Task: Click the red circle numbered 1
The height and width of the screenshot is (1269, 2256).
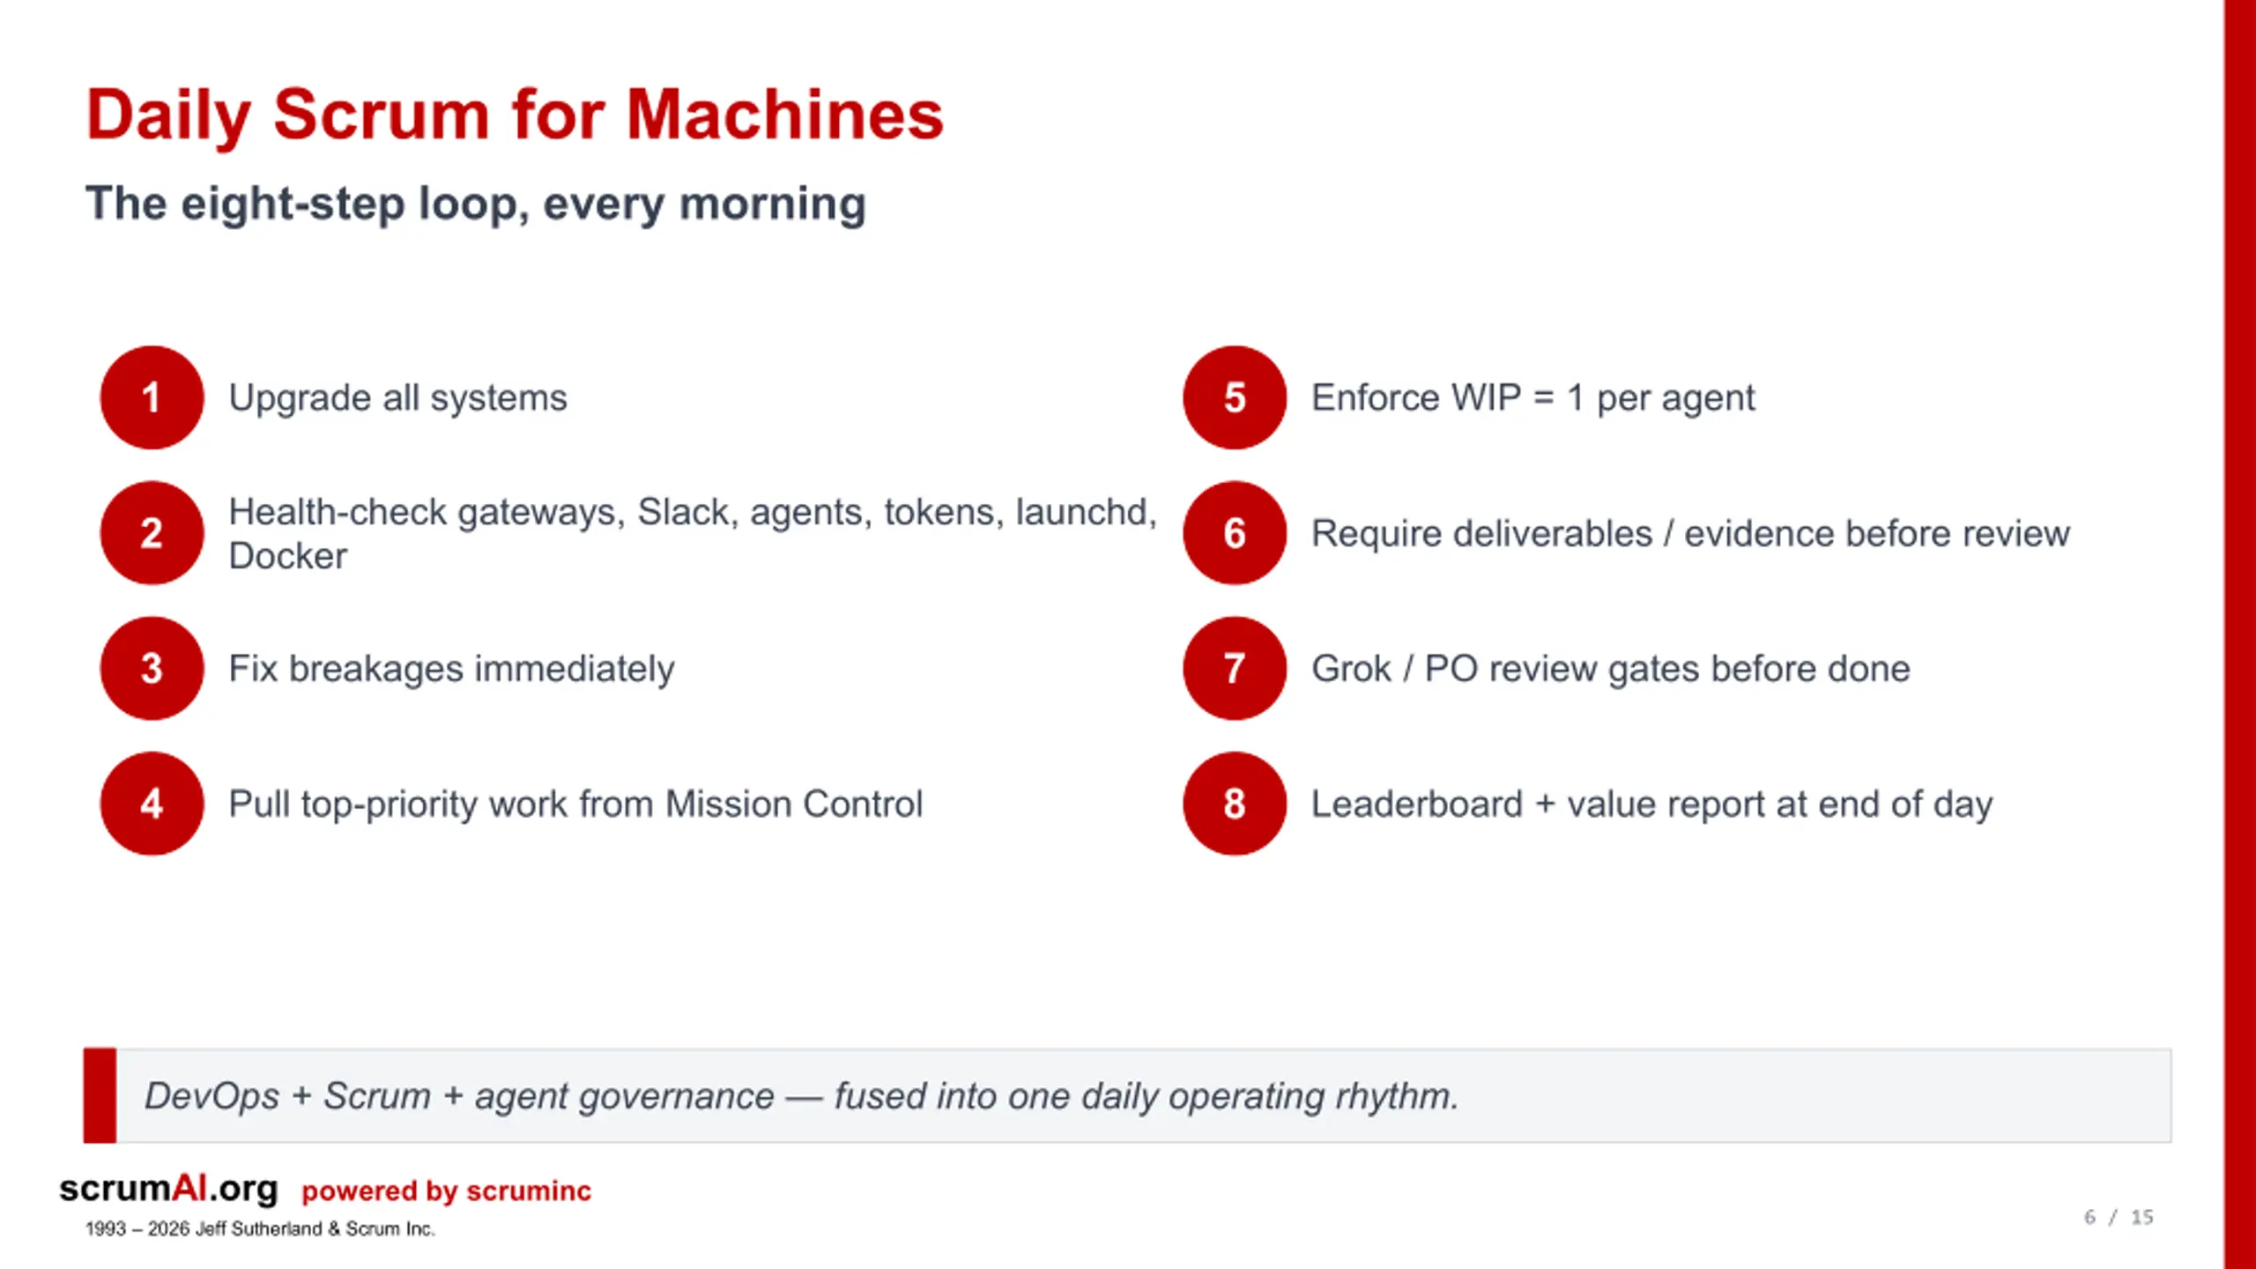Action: [152, 397]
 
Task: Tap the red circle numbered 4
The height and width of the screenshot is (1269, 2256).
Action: [152, 804]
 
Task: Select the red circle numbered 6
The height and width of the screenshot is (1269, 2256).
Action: [1235, 533]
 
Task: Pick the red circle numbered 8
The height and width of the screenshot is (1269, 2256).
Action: [1235, 804]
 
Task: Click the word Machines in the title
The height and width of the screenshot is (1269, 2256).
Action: [784, 115]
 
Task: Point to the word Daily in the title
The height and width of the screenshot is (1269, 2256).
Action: [168, 116]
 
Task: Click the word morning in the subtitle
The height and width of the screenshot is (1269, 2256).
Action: [773, 205]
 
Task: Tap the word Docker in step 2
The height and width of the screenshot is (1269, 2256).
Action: [288, 556]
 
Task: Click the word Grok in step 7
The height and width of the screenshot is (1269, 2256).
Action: [1351, 669]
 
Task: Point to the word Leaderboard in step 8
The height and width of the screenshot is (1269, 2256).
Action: [1417, 804]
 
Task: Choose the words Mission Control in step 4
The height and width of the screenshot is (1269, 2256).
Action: [794, 804]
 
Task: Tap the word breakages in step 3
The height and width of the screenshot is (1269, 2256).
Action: [376, 669]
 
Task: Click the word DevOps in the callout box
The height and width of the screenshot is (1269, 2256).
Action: [211, 1096]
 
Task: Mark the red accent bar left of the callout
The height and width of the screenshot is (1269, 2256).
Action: [100, 1095]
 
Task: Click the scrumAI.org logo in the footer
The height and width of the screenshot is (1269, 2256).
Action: [168, 1189]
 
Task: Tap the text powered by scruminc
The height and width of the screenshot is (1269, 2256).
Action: [446, 1191]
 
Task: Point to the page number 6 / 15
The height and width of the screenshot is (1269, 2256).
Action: [2119, 1217]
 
